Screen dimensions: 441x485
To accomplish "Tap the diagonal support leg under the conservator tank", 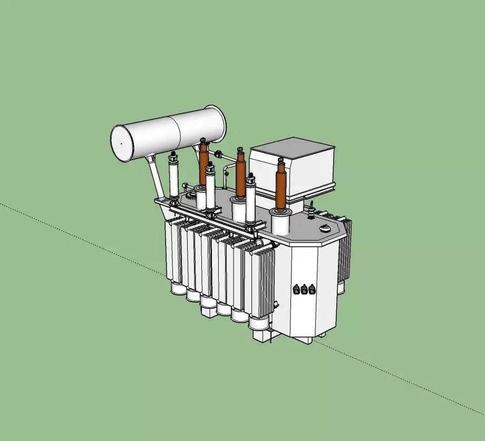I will point(156,177).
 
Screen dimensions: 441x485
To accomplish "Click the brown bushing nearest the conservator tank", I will point(203,164).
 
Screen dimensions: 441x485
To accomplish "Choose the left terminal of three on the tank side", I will point(296,289).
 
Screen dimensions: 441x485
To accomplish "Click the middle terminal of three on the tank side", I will point(304,289).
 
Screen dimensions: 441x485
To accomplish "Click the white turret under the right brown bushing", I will point(280,222).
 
